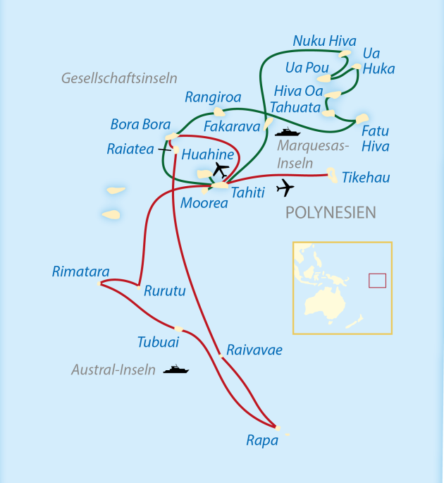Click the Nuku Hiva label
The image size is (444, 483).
click(324, 41)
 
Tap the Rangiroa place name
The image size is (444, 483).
click(213, 97)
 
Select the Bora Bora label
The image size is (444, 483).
click(140, 125)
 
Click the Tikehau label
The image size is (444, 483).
click(366, 177)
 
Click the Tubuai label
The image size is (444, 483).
click(158, 342)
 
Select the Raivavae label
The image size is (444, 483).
click(254, 350)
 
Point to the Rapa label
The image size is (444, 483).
click(261, 441)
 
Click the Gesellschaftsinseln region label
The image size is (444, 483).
click(119, 78)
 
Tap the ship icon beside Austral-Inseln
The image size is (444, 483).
click(175, 369)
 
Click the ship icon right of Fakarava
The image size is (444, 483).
click(288, 132)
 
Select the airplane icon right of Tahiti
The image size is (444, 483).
click(285, 188)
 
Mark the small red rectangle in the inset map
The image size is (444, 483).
click(378, 281)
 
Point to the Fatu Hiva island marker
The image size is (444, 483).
click(362, 118)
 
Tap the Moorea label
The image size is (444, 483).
click(204, 203)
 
